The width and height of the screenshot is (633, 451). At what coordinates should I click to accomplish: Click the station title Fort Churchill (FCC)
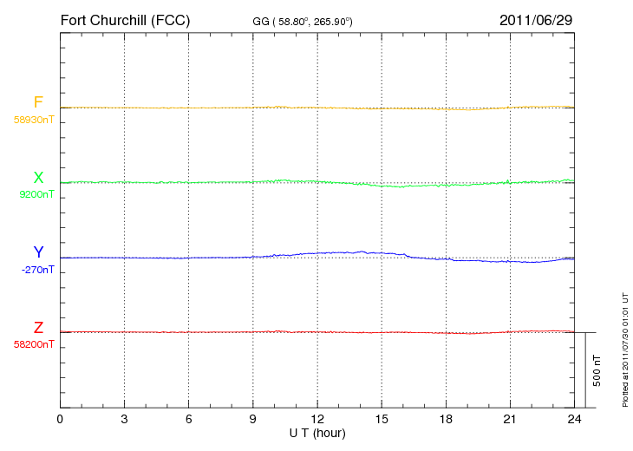(x=125, y=21)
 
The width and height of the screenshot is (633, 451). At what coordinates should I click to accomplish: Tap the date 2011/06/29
(x=536, y=20)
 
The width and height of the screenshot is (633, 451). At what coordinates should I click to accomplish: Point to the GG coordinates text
(x=303, y=22)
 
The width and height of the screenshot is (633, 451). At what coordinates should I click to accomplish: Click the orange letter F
(x=38, y=102)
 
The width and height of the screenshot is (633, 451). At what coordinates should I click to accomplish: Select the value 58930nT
(x=34, y=120)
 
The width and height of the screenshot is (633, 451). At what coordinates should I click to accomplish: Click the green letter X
(x=38, y=177)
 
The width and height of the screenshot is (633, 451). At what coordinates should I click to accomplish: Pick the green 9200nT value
(x=36, y=194)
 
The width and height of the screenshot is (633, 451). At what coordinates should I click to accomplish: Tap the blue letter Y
(x=38, y=252)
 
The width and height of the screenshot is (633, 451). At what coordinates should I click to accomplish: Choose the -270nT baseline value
(x=37, y=270)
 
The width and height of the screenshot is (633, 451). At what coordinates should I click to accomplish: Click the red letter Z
(x=38, y=328)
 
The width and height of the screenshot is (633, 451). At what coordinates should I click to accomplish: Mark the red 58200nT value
(x=34, y=344)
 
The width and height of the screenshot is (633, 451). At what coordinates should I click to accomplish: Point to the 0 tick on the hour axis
(x=60, y=419)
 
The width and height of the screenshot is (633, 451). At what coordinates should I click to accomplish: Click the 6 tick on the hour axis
(x=188, y=419)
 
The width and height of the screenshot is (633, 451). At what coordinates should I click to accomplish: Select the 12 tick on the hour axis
(x=317, y=419)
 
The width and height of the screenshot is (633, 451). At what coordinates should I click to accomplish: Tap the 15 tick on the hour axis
(x=382, y=419)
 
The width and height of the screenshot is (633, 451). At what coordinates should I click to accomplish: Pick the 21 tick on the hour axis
(x=510, y=419)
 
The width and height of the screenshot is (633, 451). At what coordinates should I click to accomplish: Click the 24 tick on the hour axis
(x=574, y=419)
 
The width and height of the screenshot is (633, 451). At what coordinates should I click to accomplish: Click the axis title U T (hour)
(x=317, y=434)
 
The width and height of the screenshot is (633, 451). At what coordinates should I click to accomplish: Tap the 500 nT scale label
(x=597, y=371)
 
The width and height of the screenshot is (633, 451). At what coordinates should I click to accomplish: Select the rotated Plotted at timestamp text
(x=625, y=350)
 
